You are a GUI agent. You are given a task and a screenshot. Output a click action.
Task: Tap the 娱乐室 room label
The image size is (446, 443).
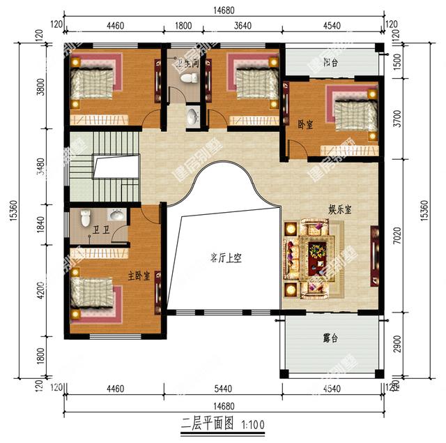tap(339, 208)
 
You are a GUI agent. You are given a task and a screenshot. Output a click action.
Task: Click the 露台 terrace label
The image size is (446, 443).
tap(330, 338)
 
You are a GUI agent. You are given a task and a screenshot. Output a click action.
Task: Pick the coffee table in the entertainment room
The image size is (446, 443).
tap(317, 249)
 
